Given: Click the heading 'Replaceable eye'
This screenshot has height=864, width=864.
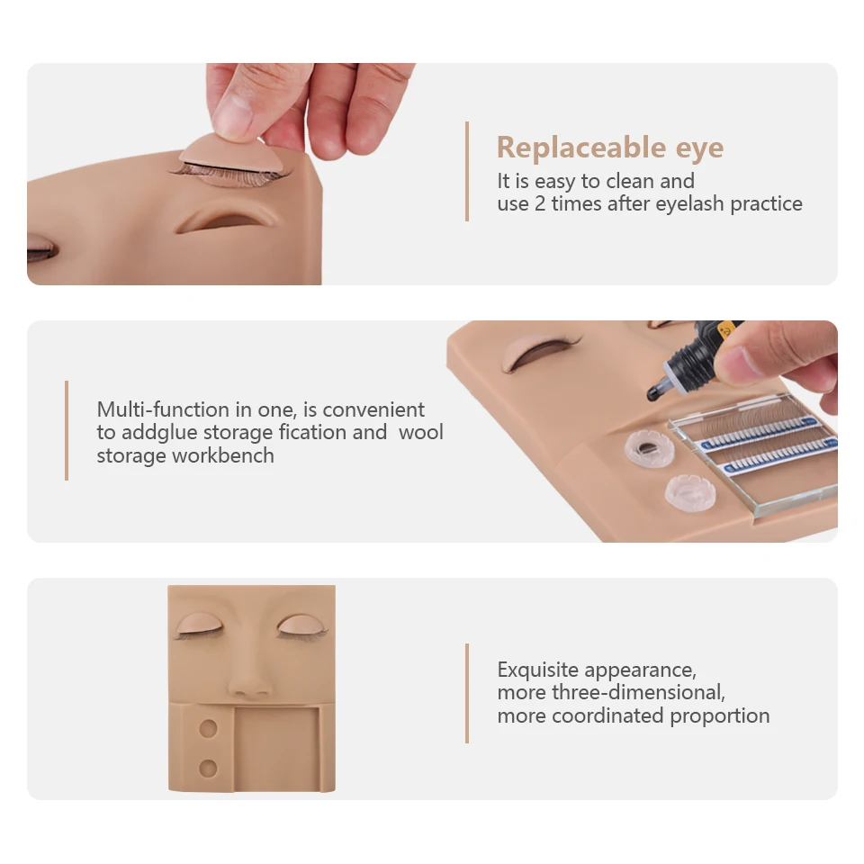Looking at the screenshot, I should [609, 148].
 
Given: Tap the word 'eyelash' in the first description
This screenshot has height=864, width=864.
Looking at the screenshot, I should [689, 203].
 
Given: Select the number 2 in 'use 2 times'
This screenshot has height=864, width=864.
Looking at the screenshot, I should [540, 203].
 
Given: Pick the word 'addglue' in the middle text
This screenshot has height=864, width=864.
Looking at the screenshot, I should [153, 432].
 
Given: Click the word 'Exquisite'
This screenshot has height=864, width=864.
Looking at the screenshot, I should [538, 670].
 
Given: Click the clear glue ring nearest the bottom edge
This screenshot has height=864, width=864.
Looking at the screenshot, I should [688, 491].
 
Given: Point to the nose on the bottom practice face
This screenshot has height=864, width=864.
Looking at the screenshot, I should [249, 681].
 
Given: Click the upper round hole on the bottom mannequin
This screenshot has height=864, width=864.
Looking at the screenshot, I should [208, 727].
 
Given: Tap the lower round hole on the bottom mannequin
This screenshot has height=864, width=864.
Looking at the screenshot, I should [208, 768].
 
